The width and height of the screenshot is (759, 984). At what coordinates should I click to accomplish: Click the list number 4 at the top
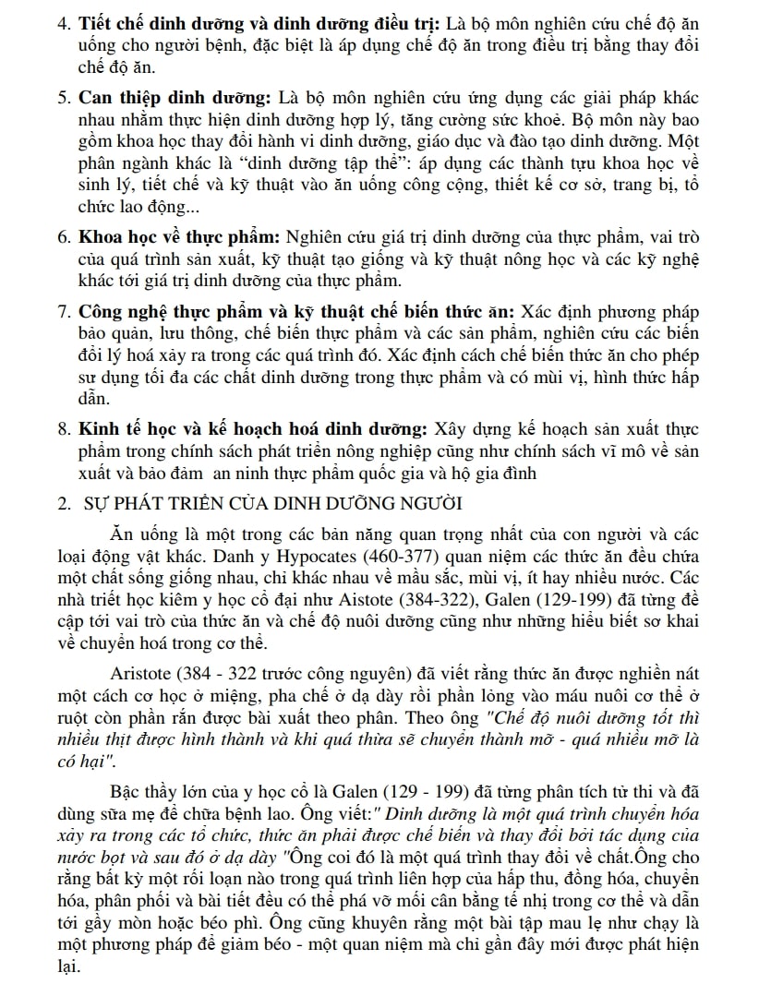point(62,20)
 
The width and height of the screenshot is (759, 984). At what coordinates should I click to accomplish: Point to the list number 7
point(62,311)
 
